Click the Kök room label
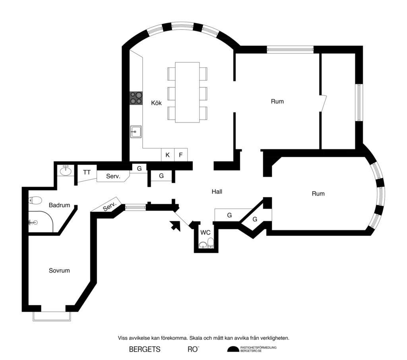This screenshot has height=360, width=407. [x=156, y=103]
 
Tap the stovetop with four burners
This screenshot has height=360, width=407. [x=136, y=98]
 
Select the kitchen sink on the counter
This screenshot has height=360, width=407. [x=136, y=131]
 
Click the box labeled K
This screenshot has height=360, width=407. [x=167, y=155]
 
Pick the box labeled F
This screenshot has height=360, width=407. [x=181, y=155]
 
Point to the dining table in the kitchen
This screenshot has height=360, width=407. [x=187, y=92]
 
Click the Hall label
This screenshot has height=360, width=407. [x=217, y=192]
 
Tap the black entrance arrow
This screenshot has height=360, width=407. [x=175, y=226]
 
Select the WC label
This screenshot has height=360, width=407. [x=205, y=232]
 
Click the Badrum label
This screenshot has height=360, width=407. [x=60, y=205]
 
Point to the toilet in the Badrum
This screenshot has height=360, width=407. [x=35, y=201]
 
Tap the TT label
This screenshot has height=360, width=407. [x=87, y=172]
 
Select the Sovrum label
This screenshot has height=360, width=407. [x=59, y=271]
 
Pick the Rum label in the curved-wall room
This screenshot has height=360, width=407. [x=318, y=194]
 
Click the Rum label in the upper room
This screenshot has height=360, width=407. [x=277, y=101]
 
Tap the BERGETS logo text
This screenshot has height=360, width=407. [x=145, y=350]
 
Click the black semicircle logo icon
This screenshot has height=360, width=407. [x=233, y=349]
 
